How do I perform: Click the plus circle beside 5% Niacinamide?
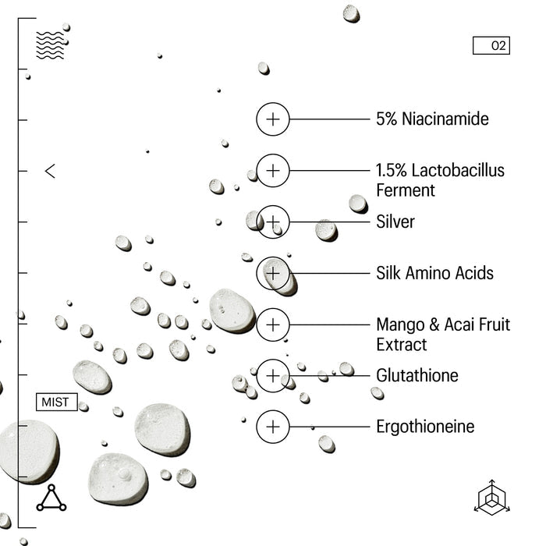tap(273, 119)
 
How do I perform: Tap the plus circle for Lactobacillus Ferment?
tap(273, 171)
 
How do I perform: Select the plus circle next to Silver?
tap(273, 222)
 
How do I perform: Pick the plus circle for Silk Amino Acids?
tap(273, 273)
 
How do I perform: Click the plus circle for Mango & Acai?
tap(273, 324)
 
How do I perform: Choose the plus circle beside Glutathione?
tap(273, 376)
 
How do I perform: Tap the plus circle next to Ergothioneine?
tap(273, 427)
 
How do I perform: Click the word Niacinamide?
tap(445, 119)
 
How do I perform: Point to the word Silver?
tap(395, 222)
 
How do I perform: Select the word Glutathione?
tap(417, 375)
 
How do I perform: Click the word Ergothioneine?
tap(425, 427)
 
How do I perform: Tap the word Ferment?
tap(406, 190)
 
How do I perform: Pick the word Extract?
tap(402, 345)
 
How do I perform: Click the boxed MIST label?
tap(57, 402)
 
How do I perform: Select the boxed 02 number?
tap(491, 45)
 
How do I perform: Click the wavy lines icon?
tap(50, 45)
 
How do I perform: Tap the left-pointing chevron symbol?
tap(50, 171)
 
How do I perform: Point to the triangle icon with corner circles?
tap(51, 498)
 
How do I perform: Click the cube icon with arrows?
tap(491, 498)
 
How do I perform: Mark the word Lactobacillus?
tap(458, 170)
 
